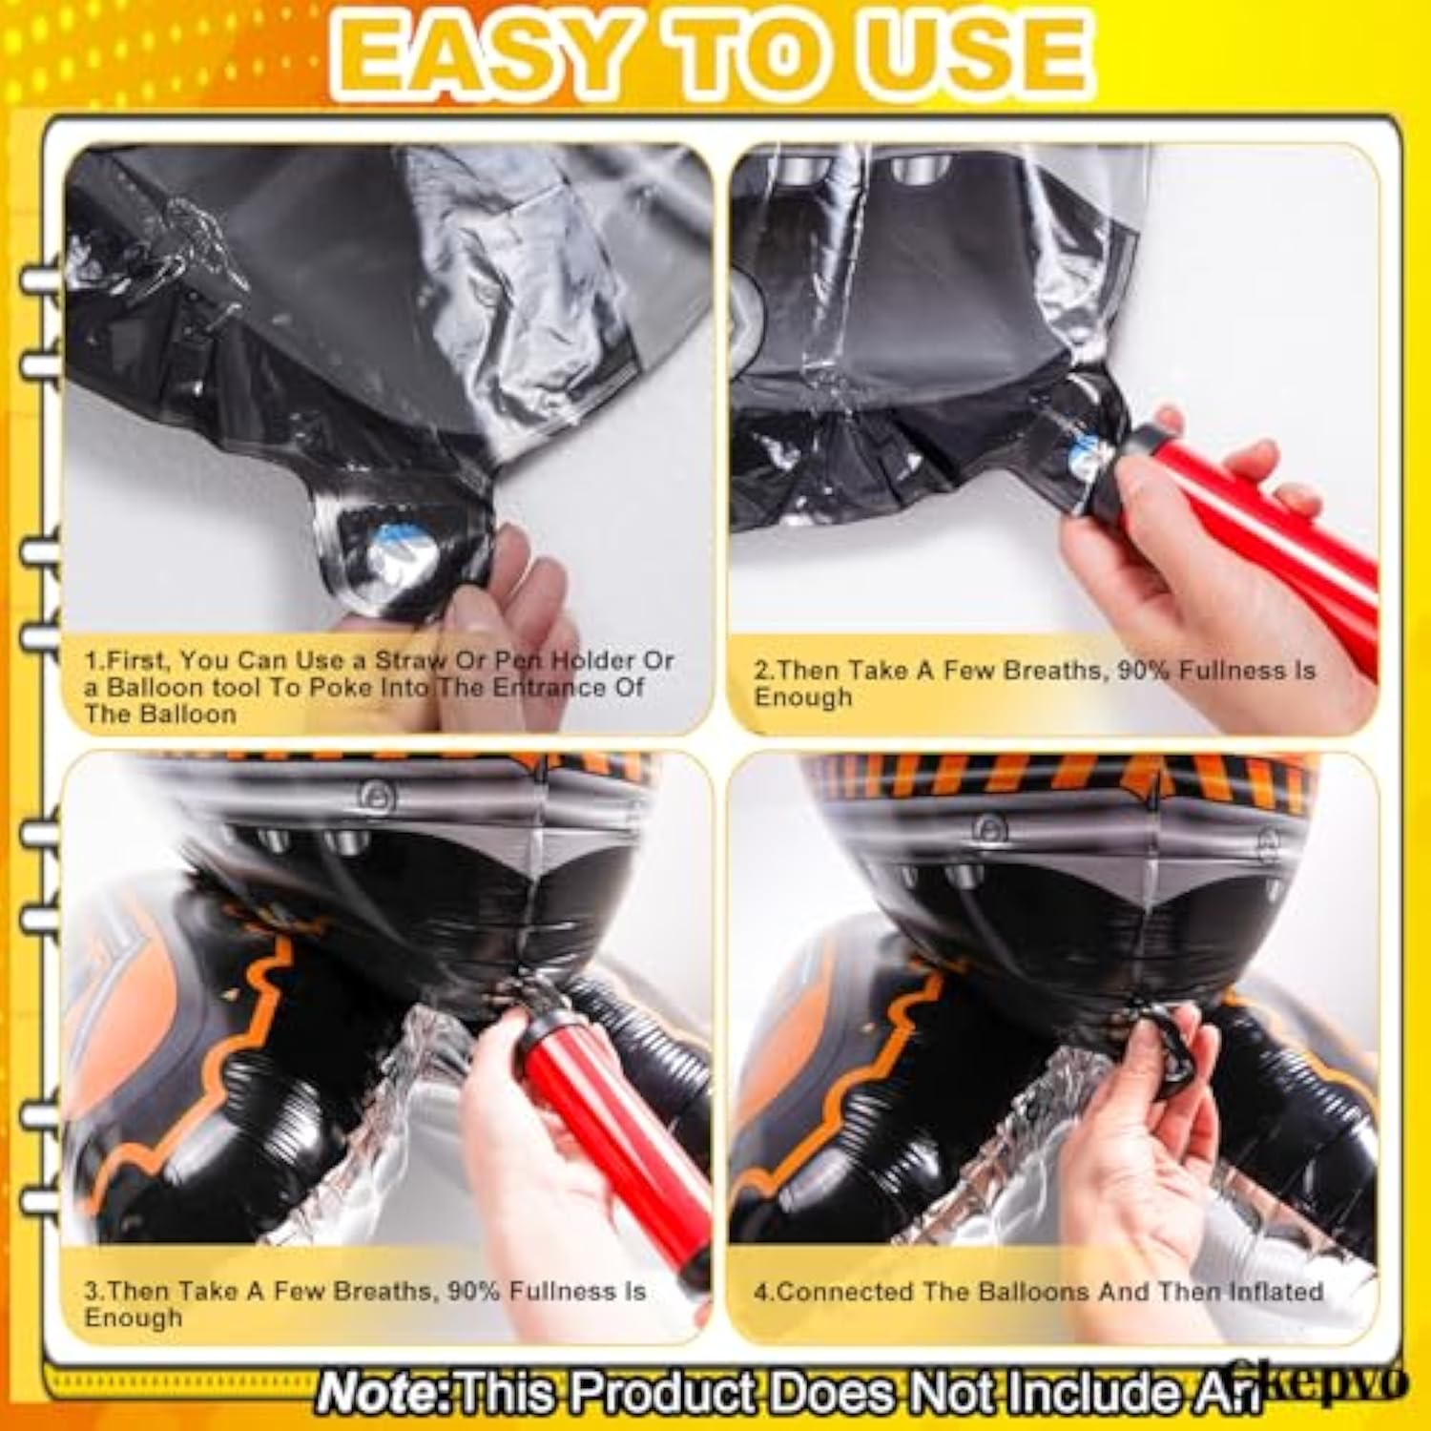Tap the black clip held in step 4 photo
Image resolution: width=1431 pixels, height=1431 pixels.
[x=1169, y=1054]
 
